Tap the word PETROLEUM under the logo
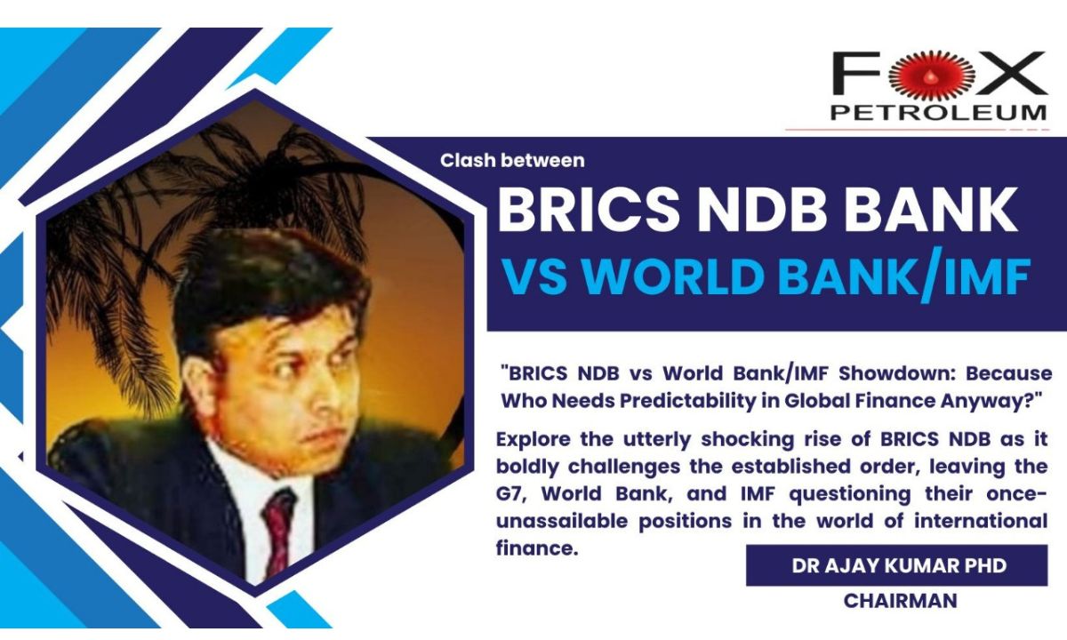pyautogui.click(x=938, y=112)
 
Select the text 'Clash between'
pyautogui.click(x=512, y=161)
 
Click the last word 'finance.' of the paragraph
pyautogui.click(x=537, y=548)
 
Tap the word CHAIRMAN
pyautogui.click(x=900, y=601)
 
